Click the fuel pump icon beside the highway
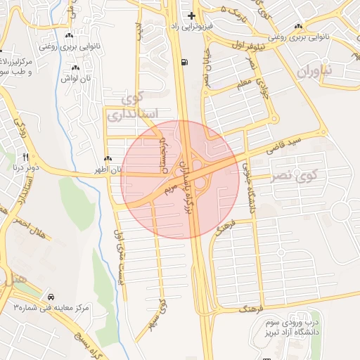184,62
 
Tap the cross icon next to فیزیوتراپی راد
191,15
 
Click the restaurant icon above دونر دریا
26,157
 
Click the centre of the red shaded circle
180,179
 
